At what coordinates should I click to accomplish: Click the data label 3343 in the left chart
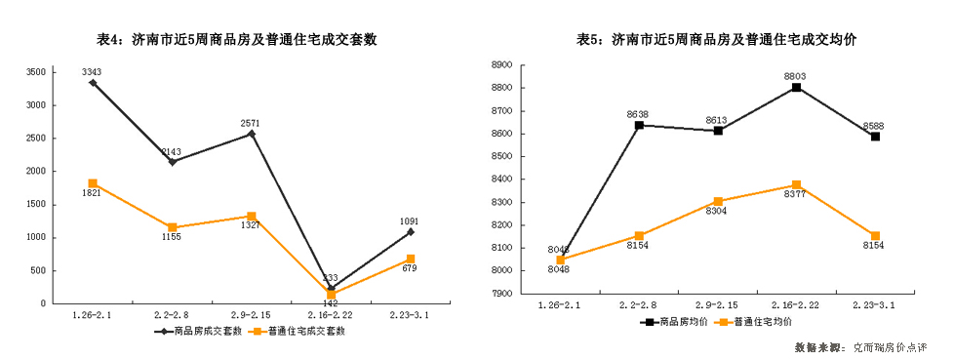coord(93,71)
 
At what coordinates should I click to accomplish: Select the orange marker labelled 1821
coord(93,183)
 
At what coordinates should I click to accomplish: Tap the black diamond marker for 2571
coord(252,134)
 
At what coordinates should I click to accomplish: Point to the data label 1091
coord(410,221)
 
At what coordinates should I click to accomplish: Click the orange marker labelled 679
coord(411,259)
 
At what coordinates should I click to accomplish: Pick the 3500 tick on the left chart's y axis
coord(35,72)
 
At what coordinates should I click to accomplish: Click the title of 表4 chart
coord(236,40)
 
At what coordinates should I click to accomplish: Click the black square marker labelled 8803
coord(797,88)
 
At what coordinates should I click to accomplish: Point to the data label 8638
coord(638,114)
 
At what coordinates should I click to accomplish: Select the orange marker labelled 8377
coord(797,185)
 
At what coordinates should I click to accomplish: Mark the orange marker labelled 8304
coord(718,202)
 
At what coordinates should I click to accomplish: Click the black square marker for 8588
coord(876,137)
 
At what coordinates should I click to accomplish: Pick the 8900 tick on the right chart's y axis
coord(503,64)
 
